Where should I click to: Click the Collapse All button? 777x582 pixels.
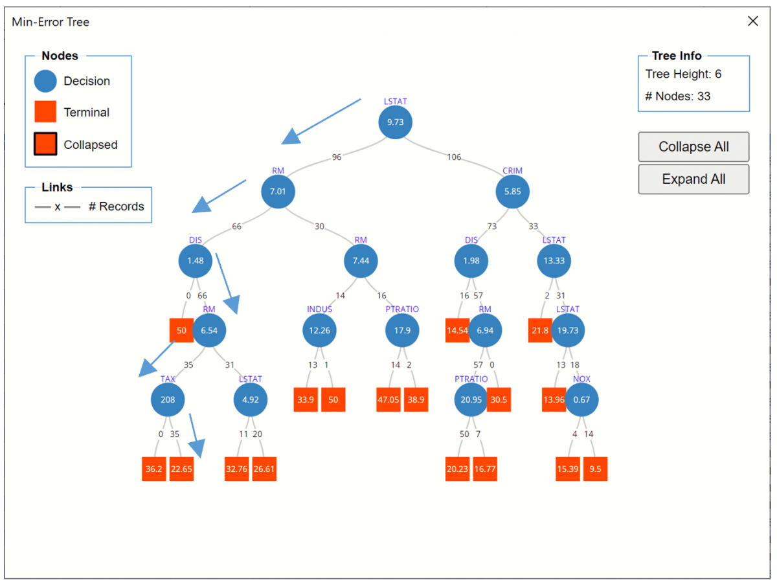693,147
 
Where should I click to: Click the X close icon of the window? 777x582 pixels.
752,21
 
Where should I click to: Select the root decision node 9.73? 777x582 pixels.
395,122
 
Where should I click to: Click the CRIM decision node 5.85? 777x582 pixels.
512,192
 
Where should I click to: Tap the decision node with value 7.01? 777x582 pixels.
278,192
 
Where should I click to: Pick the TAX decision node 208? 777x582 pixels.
168,400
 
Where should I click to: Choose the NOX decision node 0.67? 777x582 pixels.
581,400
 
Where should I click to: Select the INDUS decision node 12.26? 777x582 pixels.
319,330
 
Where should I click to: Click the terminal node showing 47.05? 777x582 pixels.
388,400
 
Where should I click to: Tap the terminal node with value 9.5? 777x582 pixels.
595,469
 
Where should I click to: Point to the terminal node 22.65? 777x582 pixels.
181,469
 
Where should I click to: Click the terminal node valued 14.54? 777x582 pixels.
457,330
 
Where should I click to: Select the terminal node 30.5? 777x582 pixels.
499,400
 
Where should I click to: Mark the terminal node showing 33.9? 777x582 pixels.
306,400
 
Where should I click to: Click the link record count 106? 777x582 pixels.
454,157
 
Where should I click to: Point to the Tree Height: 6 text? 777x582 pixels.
683,74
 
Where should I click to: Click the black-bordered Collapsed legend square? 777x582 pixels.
45,144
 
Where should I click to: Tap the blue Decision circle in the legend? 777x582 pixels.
45,81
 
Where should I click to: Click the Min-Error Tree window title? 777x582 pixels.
51,22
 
